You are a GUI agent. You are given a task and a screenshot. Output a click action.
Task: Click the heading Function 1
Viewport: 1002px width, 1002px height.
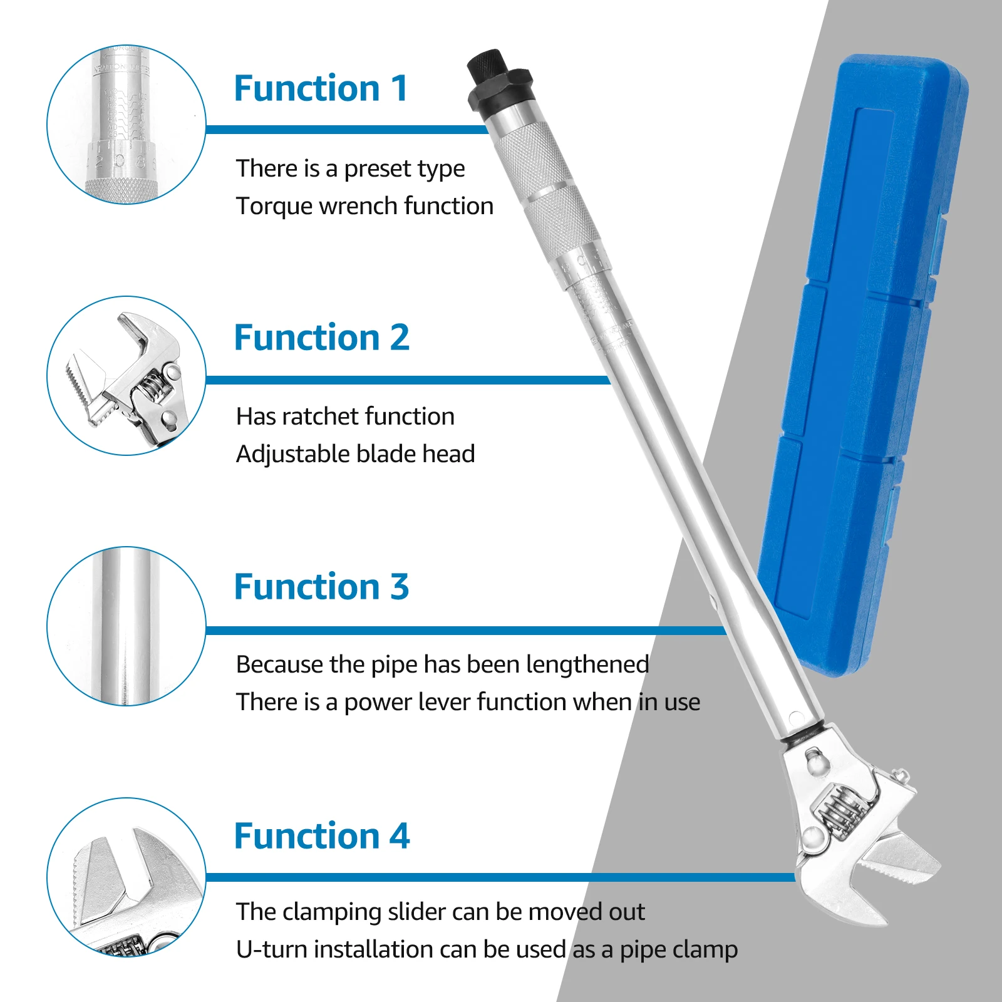tap(321, 88)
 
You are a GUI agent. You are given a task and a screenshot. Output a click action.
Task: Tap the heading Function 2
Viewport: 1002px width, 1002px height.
tap(321, 338)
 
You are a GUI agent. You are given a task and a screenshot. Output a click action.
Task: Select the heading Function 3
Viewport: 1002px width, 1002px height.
tap(321, 587)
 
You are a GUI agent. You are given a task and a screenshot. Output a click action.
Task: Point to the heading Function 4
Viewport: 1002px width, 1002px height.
tap(321, 837)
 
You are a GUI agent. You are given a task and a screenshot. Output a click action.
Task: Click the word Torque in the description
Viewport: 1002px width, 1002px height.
tap(273, 207)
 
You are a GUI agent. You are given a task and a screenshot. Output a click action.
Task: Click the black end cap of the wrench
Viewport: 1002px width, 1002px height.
tap(498, 81)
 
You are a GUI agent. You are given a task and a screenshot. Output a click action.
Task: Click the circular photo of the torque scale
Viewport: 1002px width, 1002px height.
tap(126, 125)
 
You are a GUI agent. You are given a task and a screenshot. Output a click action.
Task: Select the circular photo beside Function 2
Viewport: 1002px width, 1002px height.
tap(126, 376)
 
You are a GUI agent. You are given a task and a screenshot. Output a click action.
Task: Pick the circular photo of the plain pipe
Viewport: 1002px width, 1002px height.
tap(126, 626)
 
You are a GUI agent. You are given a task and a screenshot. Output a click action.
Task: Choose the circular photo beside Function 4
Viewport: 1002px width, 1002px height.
tap(126, 877)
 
